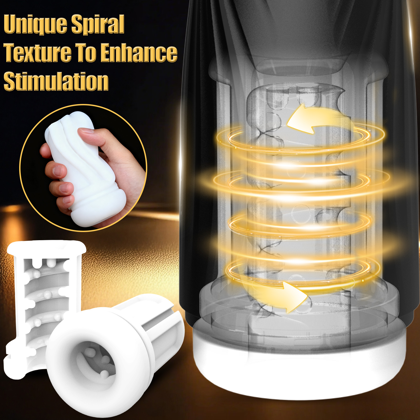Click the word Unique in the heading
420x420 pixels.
(35, 24)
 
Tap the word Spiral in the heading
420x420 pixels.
(98, 24)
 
